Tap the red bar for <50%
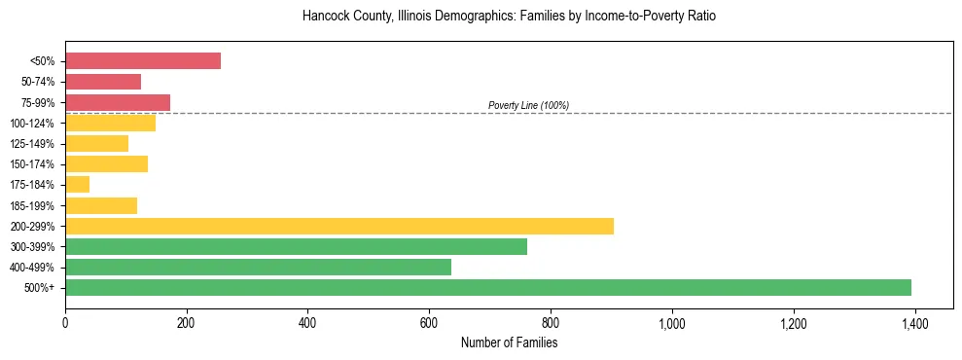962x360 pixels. tap(143, 60)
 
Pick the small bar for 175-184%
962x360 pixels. tap(78, 184)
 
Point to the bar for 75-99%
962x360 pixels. tap(118, 102)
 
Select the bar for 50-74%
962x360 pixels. tap(103, 81)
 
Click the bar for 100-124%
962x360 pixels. tap(110, 123)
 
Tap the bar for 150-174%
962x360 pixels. tap(106, 163)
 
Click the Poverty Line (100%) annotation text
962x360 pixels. tap(528, 105)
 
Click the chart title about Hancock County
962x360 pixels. tap(509, 17)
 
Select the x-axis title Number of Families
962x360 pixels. tap(509, 342)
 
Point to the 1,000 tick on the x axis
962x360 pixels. tap(672, 323)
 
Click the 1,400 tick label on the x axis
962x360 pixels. tap(914, 323)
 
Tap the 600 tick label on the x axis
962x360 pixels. tap(429, 323)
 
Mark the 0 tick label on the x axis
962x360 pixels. tap(65, 323)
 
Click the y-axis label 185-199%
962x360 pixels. tap(36, 205)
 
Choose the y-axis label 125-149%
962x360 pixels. tap(36, 143)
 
